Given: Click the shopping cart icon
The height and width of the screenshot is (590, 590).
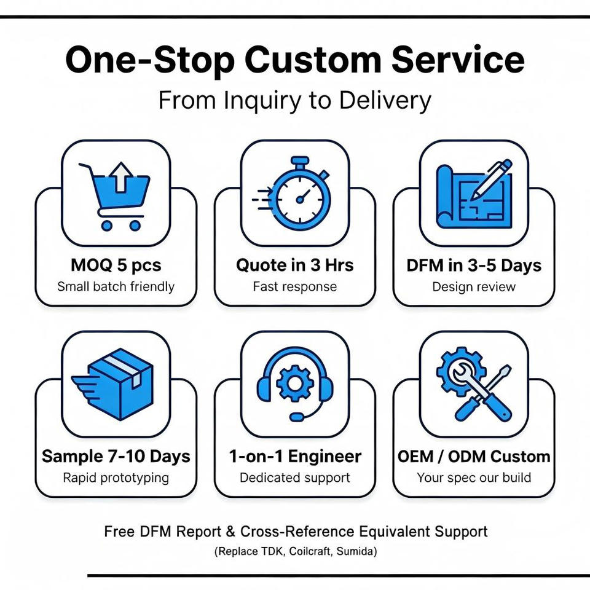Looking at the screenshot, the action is [x=114, y=196].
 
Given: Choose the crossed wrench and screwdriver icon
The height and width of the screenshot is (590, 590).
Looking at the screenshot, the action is [x=474, y=383].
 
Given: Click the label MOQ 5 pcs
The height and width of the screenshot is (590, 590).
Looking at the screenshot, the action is [x=116, y=265].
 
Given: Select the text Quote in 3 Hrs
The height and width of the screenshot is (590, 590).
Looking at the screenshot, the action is [x=294, y=265].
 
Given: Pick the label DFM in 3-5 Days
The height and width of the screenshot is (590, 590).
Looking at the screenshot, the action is [x=474, y=265].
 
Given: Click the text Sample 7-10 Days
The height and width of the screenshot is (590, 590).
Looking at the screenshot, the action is [x=116, y=457].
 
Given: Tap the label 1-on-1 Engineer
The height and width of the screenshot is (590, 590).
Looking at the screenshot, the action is [x=295, y=457].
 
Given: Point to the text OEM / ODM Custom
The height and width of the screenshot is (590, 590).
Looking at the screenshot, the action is [x=474, y=457].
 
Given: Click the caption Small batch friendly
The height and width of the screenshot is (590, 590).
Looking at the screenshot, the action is [x=116, y=287].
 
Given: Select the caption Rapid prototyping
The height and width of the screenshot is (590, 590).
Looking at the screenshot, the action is [x=116, y=478].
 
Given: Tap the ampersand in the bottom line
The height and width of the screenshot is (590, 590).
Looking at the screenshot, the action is [x=230, y=532].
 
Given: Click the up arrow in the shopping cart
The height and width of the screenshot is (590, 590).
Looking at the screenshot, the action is [x=120, y=177].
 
